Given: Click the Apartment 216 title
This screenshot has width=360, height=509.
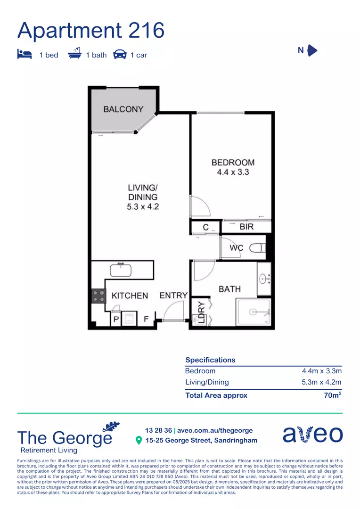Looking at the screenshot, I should (x=91, y=31).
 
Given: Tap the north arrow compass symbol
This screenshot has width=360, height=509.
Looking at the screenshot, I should (x=312, y=50).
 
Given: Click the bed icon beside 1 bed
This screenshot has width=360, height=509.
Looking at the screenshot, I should (x=25, y=55).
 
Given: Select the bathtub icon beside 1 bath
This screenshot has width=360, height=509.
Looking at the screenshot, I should (x=74, y=54).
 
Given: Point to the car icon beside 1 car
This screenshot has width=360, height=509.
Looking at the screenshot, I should (x=120, y=55).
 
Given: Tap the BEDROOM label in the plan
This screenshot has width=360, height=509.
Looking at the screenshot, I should (x=233, y=163).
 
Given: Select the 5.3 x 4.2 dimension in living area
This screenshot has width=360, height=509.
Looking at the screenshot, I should (x=142, y=206).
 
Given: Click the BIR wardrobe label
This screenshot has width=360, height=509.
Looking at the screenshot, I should (x=246, y=227).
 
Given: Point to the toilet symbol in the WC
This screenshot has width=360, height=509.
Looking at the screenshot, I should (x=257, y=247).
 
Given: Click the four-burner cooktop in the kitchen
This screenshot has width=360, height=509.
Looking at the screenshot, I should (x=98, y=296).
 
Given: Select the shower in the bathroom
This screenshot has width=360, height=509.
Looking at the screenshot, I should (x=254, y=312).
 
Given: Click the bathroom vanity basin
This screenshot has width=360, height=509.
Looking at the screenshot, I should (x=263, y=279).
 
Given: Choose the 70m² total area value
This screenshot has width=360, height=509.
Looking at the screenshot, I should (x=332, y=395).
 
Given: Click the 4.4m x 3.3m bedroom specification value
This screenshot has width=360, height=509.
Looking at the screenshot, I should (x=321, y=371).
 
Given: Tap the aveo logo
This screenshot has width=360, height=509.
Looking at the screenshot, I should (x=312, y=434).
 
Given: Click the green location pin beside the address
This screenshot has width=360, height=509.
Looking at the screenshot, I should (x=139, y=441).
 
